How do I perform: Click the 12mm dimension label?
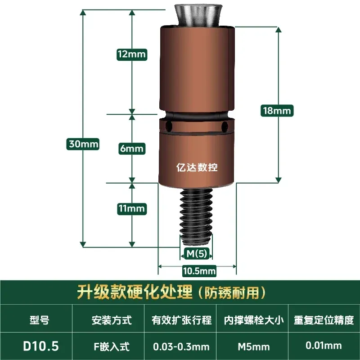[x=132, y=54]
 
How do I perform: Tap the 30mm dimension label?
[x=83, y=144]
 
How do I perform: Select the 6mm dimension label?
[x=132, y=148]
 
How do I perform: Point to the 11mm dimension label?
[x=132, y=209]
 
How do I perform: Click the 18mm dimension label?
[x=277, y=111]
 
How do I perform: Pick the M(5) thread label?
[x=197, y=254]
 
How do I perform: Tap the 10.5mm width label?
[x=199, y=271]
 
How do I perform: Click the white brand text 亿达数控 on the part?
[x=197, y=167]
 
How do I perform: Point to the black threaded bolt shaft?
[x=195, y=216]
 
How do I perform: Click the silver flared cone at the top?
[x=198, y=15]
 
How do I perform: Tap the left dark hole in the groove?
[x=169, y=126]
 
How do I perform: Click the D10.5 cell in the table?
[x=41, y=346]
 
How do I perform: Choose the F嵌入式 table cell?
[x=112, y=346]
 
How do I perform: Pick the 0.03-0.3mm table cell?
[x=181, y=346]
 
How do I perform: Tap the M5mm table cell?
[x=254, y=346]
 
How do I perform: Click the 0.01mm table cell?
[x=324, y=345]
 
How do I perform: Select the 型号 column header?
[x=39, y=320]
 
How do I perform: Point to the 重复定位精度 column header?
[x=324, y=320]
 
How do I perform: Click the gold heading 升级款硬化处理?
[x=135, y=292]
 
